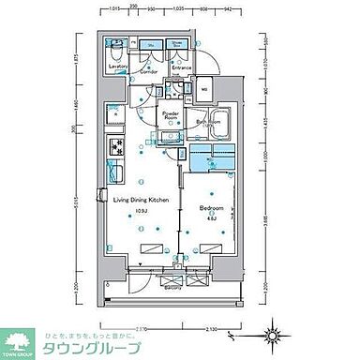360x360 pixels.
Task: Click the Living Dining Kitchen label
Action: coord(140,201)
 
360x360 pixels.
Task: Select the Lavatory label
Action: coord(118,67)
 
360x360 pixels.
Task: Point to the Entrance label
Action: coord(181,67)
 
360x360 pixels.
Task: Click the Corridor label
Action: coord(149,67)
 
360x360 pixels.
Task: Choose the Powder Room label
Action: coord(171,115)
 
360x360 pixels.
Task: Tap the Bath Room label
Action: coord(209,122)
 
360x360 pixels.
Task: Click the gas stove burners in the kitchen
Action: coord(116,147)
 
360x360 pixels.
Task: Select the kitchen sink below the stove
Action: coord(116,173)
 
